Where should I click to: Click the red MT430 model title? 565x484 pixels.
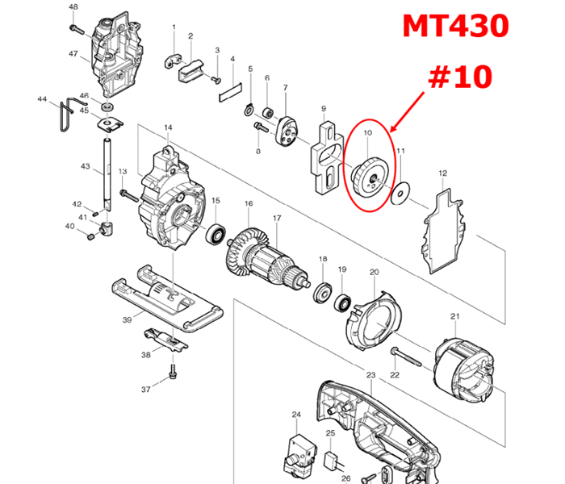click(x=457, y=27)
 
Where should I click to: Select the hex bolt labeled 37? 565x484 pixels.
click(x=172, y=373)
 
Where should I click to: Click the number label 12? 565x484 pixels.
click(x=442, y=173)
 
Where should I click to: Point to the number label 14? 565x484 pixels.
click(x=169, y=128)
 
